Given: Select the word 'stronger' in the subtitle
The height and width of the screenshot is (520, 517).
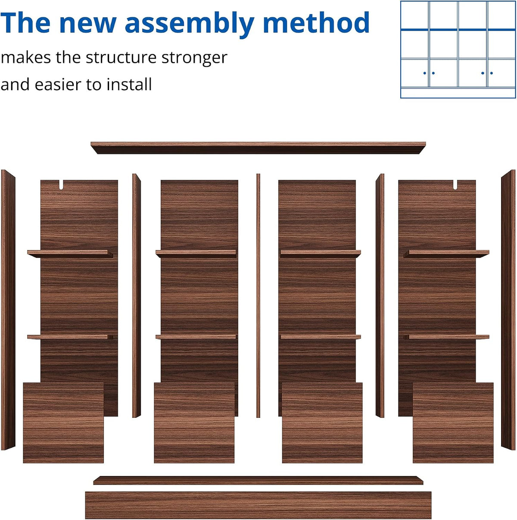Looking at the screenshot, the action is coord(194,58).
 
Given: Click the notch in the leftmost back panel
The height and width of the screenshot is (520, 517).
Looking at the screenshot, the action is coord(61,185).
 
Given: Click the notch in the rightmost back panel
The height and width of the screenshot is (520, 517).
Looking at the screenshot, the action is coord(455,185).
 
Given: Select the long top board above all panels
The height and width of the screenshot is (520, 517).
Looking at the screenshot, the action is coord(258,147).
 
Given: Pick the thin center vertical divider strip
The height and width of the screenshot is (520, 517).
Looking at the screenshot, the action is coord(258,295).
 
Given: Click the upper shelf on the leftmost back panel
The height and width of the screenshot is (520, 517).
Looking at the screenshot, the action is coord(70,254).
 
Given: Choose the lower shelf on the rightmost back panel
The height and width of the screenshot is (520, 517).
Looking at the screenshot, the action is coord(446,337).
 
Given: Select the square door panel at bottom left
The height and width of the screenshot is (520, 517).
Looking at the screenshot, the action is coord(63,422).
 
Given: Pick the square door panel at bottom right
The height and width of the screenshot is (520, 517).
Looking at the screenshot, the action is coord(453,422).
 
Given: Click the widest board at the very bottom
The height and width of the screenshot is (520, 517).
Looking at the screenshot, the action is coord(258,505).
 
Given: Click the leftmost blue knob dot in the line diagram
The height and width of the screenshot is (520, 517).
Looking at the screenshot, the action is coord(425,73).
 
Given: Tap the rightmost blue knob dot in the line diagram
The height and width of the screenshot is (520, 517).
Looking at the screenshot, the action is coord(492,73).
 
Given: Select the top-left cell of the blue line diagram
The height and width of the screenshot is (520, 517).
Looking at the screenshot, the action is coord(414,15).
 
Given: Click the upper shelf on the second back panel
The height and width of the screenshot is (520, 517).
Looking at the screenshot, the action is coord(196,254).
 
